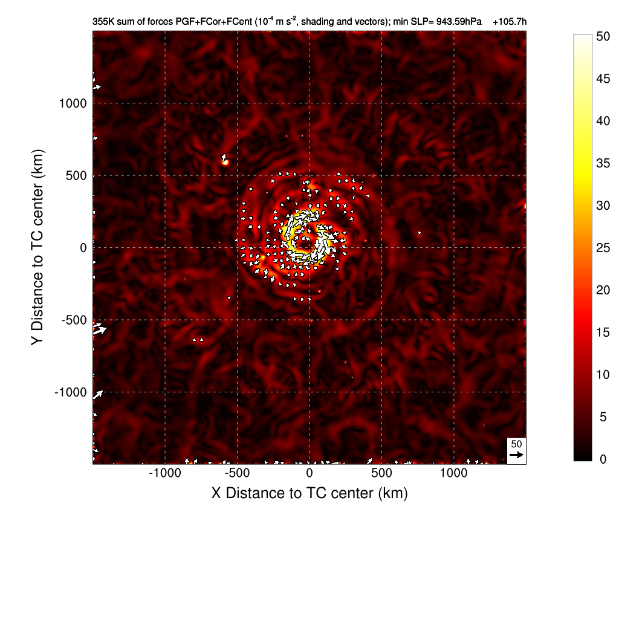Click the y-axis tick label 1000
73,103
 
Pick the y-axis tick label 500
77,176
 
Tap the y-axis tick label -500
74,320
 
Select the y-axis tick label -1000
71,392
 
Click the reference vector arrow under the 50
516,455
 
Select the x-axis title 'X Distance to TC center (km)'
309,493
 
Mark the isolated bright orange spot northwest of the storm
225,161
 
